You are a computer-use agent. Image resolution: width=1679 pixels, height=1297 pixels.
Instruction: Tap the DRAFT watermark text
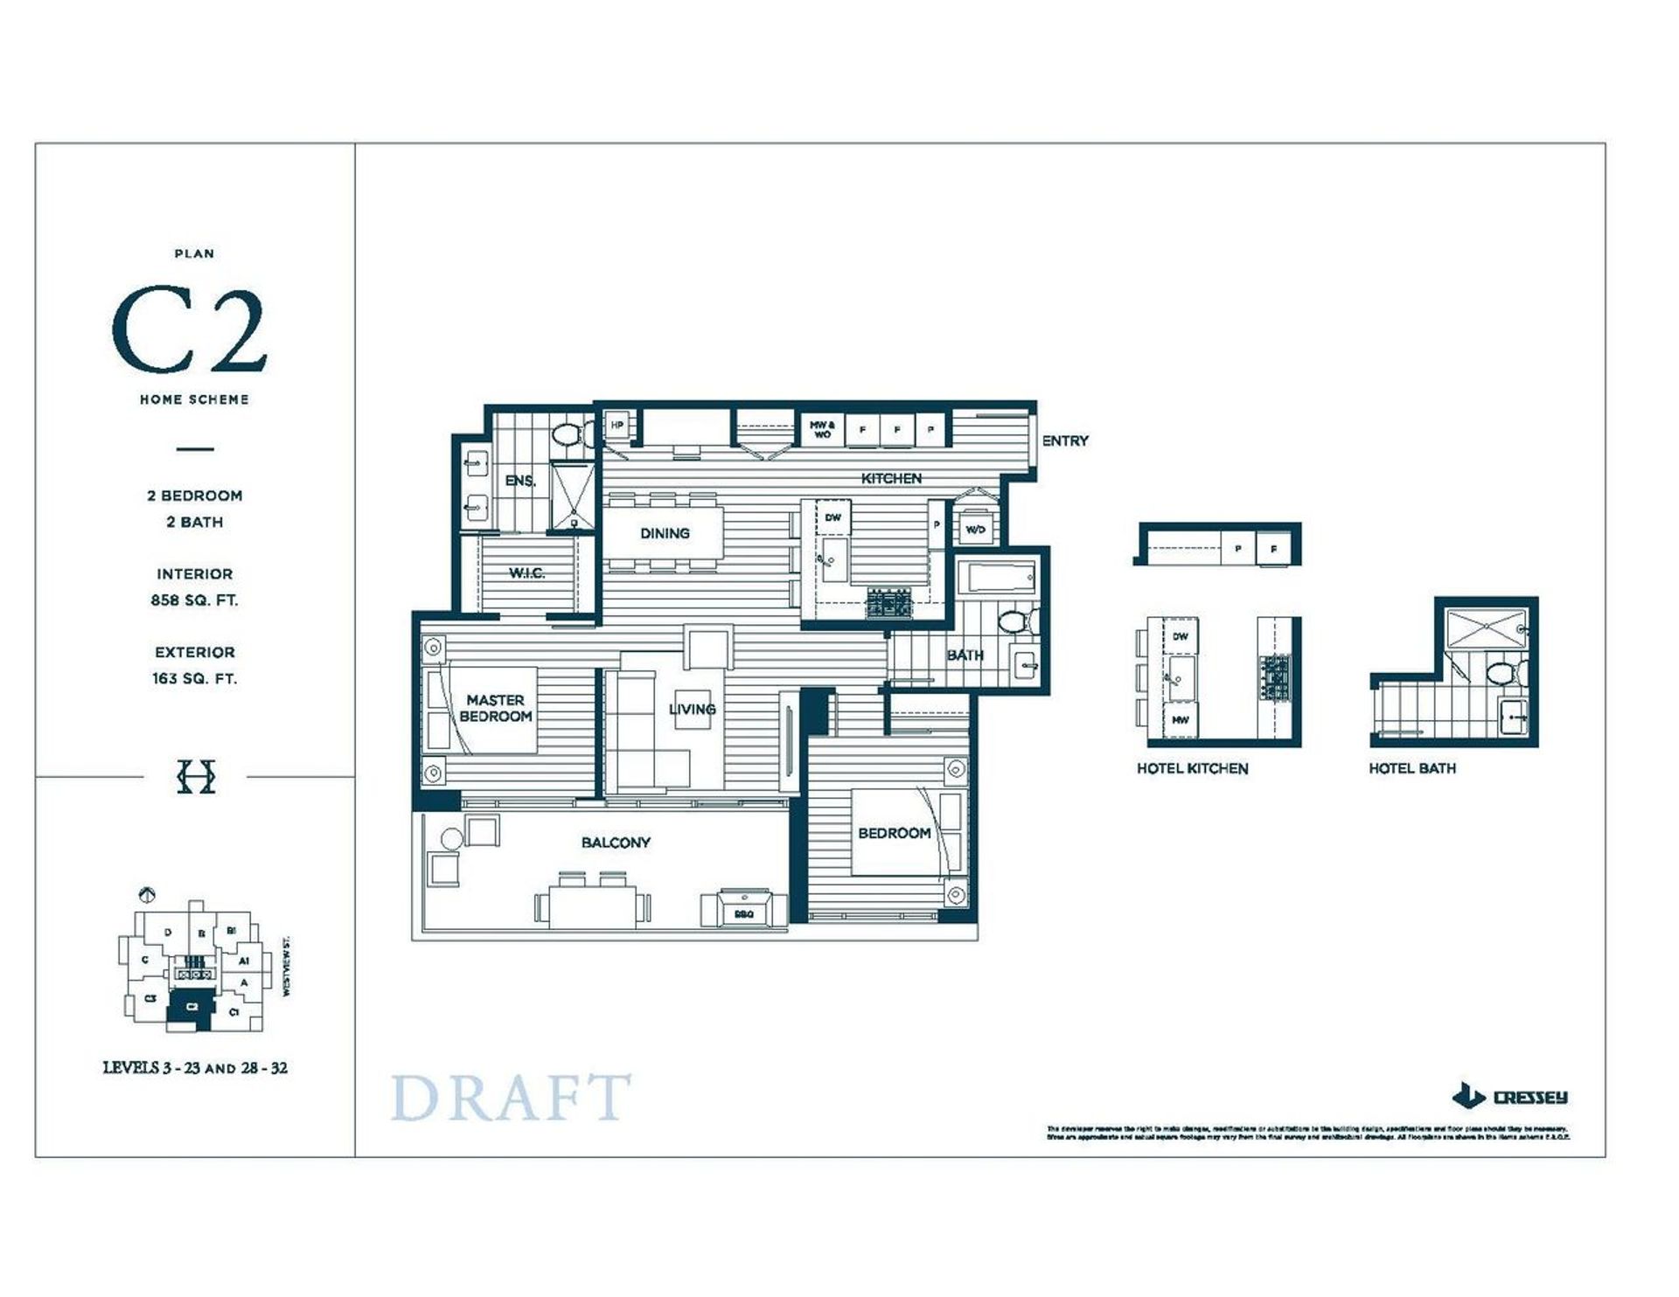coord(510,1098)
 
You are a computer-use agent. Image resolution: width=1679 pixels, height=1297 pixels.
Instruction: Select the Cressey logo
coord(1509,1096)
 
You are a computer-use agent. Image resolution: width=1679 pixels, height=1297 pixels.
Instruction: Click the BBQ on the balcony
coord(743,909)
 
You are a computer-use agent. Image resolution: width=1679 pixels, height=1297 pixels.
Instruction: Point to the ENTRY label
coord(1065,441)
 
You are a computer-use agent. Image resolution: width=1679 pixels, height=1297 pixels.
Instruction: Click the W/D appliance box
coord(975,530)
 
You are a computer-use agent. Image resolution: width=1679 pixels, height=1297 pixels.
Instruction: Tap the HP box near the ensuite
coord(617,426)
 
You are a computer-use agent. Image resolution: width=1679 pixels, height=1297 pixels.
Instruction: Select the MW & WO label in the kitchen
coord(822,429)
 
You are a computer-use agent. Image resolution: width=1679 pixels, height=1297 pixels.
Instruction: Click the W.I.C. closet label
coord(526,573)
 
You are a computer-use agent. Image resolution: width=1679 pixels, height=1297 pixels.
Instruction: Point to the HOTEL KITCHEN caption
coord(1192,768)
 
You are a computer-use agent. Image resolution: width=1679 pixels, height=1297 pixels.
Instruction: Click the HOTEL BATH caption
coord(1411,768)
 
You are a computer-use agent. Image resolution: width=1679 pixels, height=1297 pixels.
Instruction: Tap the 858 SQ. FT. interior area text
coord(194,600)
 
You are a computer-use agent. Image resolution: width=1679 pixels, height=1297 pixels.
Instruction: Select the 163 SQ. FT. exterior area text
coord(194,678)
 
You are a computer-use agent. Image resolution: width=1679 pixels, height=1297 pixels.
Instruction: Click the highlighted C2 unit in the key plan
coord(192,1007)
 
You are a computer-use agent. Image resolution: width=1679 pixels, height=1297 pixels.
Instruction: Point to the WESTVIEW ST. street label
coord(286,968)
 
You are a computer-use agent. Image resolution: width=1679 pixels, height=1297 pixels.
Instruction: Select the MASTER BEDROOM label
coord(495,708)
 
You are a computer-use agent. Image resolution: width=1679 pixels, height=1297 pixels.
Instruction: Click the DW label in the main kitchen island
coord(833,517)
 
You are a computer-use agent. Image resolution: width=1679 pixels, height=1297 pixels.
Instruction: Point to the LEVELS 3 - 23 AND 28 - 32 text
coord(195,1068)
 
